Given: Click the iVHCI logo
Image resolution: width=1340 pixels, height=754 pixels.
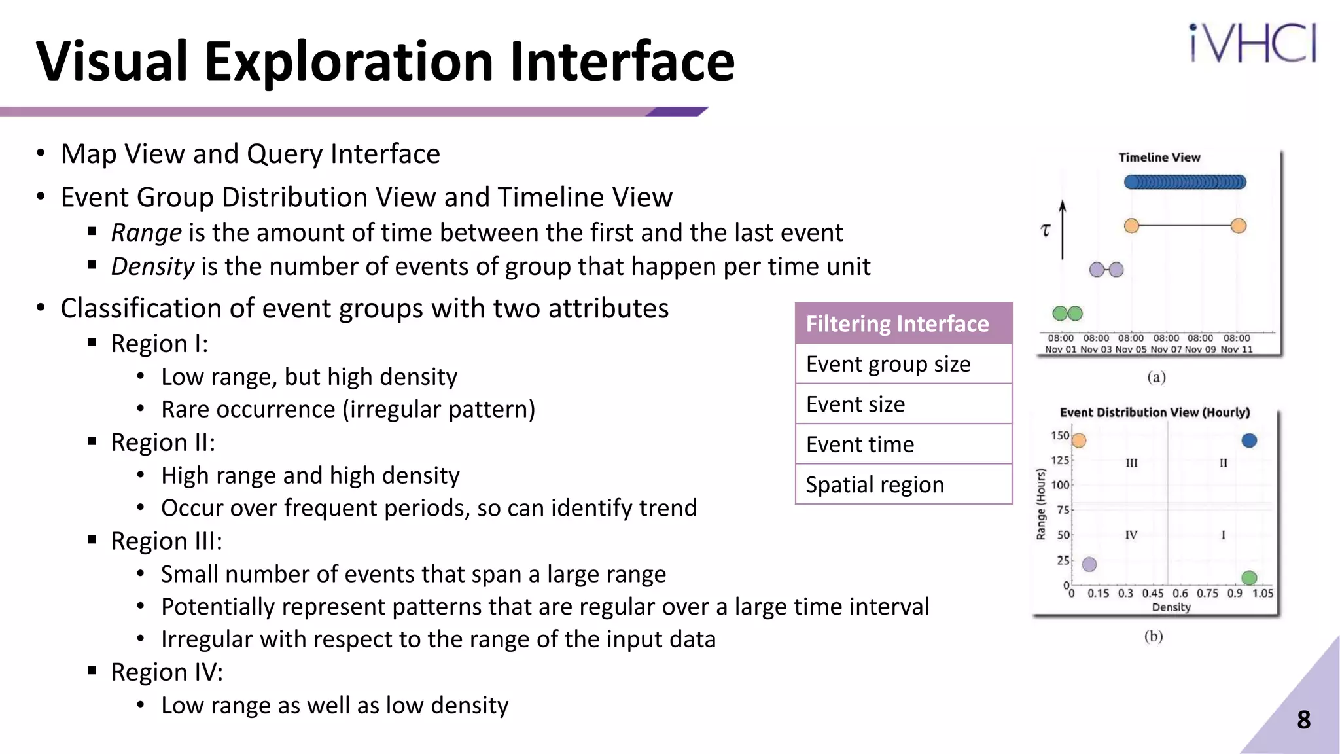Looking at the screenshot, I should point(1252,43).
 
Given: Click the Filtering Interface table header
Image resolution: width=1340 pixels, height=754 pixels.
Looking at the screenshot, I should point(903,324).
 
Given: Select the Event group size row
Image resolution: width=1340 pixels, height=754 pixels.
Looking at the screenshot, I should point(903,364).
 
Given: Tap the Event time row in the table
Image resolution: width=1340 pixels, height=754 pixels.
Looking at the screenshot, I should point(903,444).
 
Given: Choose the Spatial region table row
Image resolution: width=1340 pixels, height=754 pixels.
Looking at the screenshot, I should point(903,484).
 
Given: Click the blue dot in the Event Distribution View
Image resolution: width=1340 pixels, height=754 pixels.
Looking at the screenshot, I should point(1249,440).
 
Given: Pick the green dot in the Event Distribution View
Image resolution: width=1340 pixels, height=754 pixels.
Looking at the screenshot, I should point(1249,577).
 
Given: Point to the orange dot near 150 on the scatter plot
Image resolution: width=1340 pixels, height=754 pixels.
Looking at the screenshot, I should point(1079,440).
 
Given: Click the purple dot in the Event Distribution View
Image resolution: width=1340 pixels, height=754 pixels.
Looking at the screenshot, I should point(1089,564).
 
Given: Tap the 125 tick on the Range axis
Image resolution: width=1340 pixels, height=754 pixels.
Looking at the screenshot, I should point(1060,460).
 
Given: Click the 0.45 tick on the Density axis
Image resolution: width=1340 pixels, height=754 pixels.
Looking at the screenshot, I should point(1153,594).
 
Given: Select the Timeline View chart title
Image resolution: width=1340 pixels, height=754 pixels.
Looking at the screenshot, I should point(1159,158).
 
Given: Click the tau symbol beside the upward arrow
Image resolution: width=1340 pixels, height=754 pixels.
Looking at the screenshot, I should point(1046,230).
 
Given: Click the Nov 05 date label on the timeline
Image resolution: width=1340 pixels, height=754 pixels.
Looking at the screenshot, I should point(1131,350).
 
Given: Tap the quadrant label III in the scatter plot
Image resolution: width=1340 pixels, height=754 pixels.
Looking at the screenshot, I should point(1131,463).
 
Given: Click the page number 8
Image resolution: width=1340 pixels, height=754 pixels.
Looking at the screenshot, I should point(1303,720).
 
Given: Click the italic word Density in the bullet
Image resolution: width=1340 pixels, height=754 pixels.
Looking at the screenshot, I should point(152,267).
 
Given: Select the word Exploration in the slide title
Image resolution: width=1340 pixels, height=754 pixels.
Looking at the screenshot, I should point(349,62).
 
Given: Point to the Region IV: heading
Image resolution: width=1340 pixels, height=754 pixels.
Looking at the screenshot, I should point(167,672).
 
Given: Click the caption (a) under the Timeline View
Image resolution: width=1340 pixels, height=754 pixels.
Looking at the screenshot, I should point(1156,378).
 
